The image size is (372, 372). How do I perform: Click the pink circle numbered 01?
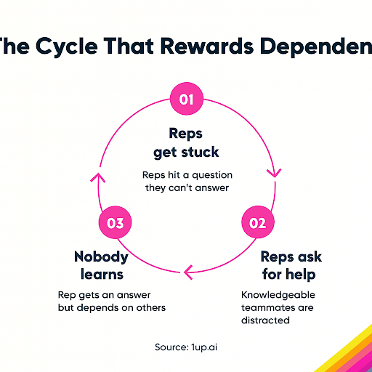(x=187, y=100)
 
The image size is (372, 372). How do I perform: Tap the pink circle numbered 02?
(x=258, y=223)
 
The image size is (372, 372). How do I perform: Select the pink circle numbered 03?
(x=116, y=223)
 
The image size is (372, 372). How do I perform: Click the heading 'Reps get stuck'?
(x=186, y=144)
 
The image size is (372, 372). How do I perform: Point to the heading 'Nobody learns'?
(x=101, y=264)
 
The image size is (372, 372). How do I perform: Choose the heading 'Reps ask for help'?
(x=291, y=264)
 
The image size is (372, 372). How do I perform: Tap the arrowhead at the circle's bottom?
(x=187, y=272)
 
